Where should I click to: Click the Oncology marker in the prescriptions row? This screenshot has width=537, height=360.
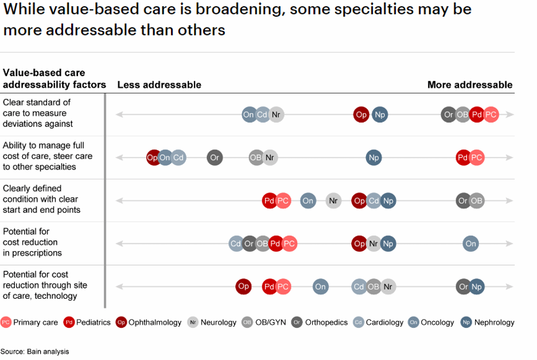point(470,244)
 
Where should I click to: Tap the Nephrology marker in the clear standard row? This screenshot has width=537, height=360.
point(379,115)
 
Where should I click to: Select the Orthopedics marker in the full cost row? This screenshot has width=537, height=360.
point(215,158)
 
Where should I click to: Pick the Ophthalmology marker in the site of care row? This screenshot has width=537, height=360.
point(243,286)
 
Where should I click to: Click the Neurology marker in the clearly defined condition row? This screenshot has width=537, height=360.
point(333,201)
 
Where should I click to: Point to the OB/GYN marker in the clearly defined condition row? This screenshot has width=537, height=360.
point(477,201)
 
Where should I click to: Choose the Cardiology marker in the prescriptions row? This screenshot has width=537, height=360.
point(236,244)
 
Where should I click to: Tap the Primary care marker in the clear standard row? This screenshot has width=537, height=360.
point(491,115)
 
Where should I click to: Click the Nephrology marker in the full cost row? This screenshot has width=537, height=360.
point(373,158)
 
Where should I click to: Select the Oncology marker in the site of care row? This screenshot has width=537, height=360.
point(320,287)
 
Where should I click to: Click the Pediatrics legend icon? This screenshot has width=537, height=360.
point(69,322)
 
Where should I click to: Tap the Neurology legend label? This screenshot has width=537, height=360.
point(219,322)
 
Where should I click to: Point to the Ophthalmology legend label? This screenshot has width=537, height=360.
point(155,322)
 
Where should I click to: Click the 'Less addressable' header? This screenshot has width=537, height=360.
point(159,85)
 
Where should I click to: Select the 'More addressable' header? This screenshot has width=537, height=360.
point(469,85)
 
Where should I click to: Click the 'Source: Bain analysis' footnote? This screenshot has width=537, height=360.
point(34,351)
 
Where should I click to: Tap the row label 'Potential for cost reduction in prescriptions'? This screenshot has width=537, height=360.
point(32,242)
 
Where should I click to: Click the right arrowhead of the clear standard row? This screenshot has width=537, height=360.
point(510,115)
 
